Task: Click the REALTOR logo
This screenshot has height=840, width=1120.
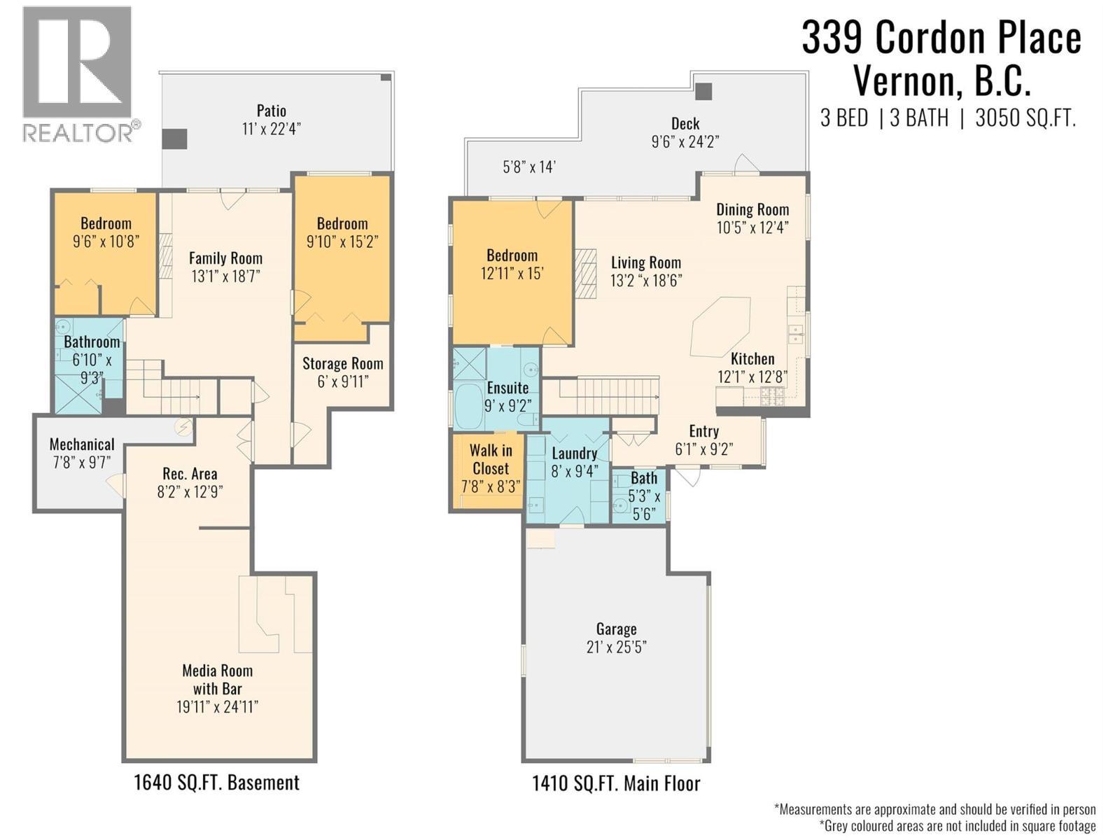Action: click(80, 75)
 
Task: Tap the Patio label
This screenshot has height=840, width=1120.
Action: click(271, 111)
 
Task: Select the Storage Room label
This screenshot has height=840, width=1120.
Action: click(342, 363)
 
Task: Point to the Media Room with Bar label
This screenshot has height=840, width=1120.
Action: click(218, 679)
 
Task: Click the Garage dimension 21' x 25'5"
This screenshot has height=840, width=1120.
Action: click(617, 647)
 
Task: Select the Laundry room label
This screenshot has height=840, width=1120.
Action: click(575, 454)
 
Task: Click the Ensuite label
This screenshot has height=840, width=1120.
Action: click(507, 388)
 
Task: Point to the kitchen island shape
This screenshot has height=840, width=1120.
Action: click(721, 327)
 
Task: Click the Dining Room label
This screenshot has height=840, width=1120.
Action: click(752, 209)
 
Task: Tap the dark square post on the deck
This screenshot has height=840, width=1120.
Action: click(703, 92)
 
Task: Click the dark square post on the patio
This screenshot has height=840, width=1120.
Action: click(175, 139)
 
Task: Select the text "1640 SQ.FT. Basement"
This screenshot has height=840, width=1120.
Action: click(216, 783)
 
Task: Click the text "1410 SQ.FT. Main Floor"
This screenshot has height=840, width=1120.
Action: click(617, 783)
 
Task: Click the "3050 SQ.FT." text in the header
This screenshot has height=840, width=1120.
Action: click(1025, 118)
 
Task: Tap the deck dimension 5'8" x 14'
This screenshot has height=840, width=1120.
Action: click(529, 167)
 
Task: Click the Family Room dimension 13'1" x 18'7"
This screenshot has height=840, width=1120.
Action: click(225, 276)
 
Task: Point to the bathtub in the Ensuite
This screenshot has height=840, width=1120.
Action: click(468, 407)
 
